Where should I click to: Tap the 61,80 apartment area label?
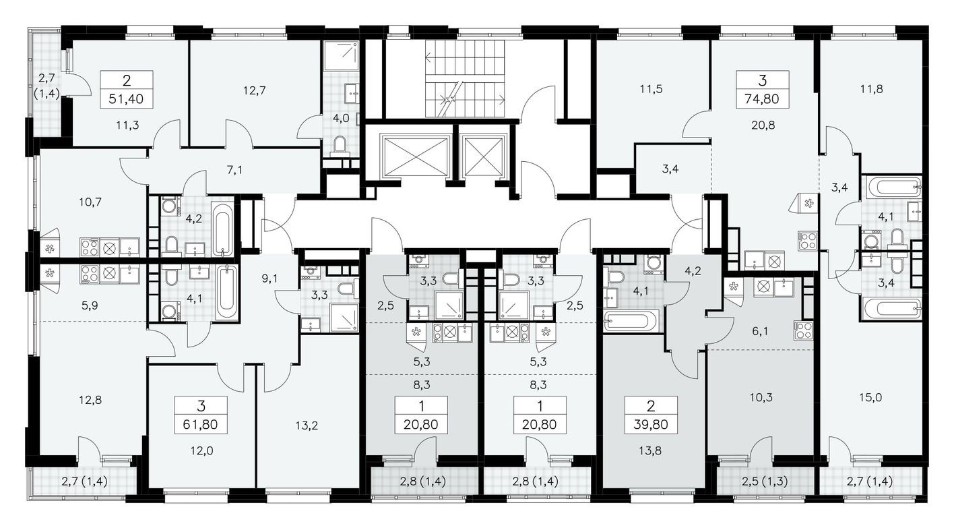tap(201, 426)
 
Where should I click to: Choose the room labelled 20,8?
tap(762, 124)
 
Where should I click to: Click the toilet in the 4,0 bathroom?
tap(340, 144)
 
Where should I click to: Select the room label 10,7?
tap(87, 201)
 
